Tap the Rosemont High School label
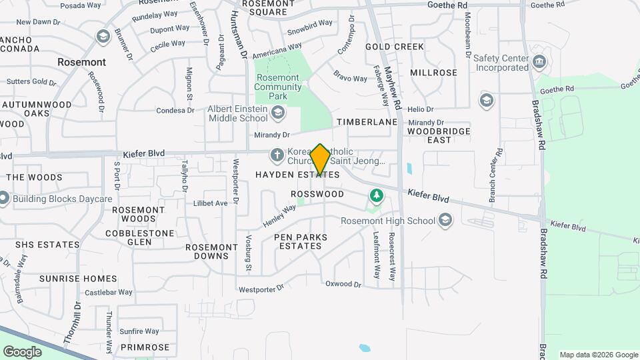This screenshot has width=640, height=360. [388, 221]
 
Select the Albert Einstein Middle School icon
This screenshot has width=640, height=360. [277, 114]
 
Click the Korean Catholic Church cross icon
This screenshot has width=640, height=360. [277, 155]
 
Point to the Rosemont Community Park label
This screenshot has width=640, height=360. [278, 87]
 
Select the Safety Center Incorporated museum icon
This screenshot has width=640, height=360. [539, 63]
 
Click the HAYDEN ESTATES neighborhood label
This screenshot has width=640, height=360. [297, 175]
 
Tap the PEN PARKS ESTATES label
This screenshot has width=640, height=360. [300, 241]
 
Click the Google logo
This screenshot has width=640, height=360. [22, 351]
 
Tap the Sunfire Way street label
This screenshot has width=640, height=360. [139, 331]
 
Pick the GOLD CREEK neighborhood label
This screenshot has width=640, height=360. [395, 47]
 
